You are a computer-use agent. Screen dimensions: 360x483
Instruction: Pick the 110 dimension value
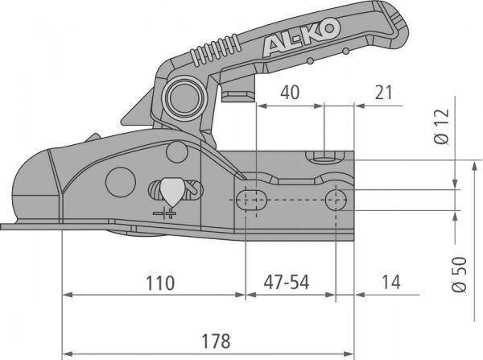click(158, 283)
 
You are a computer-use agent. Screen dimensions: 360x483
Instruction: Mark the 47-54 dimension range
click(288, 283)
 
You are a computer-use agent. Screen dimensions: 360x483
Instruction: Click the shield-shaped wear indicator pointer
click(171, 190)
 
